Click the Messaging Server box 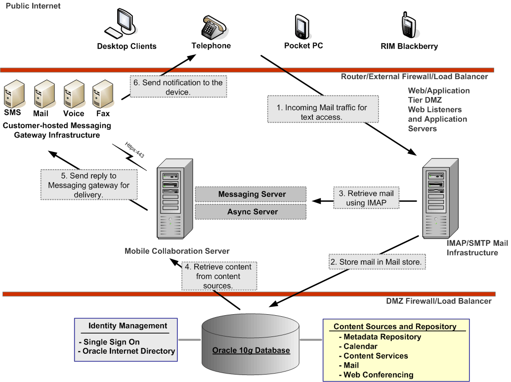[252, 194]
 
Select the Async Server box [252, 212]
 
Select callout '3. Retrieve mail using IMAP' [367, 198]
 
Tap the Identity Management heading [128, 326]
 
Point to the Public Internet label [33, 6]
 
